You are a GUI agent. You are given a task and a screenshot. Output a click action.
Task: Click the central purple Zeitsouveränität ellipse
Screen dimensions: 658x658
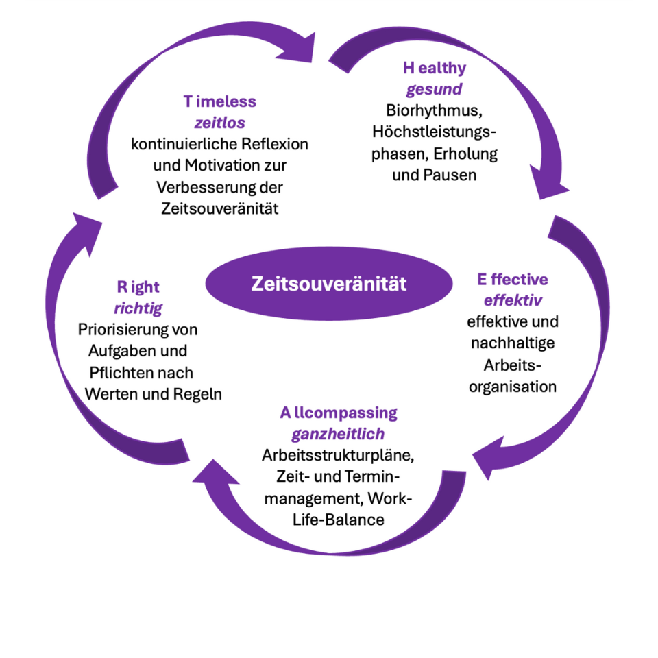pos(329,284)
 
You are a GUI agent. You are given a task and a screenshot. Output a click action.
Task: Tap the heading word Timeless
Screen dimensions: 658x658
pos(219,101)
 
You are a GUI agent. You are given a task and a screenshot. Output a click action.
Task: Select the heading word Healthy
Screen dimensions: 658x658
pos(434,68)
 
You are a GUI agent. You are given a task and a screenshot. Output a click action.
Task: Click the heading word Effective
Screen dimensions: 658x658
pos(512,280)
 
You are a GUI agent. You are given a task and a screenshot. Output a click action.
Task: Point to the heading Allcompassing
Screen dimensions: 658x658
pos(338,413)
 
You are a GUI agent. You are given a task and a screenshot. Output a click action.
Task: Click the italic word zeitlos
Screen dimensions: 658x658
pos(220,123)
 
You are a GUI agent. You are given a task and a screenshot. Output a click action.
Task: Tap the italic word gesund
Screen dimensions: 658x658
pos(434,89)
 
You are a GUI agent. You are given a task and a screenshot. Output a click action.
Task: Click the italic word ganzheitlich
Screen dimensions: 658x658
pos(338,435)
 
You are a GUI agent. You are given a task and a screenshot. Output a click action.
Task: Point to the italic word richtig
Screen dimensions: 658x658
pos(140,308)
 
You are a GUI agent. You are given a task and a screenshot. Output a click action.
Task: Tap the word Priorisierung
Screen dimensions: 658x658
pos(122,330)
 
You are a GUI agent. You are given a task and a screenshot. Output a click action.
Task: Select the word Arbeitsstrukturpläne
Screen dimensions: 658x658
pos(339,456)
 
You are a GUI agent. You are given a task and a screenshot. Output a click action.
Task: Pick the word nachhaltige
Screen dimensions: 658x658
pos(513,343)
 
